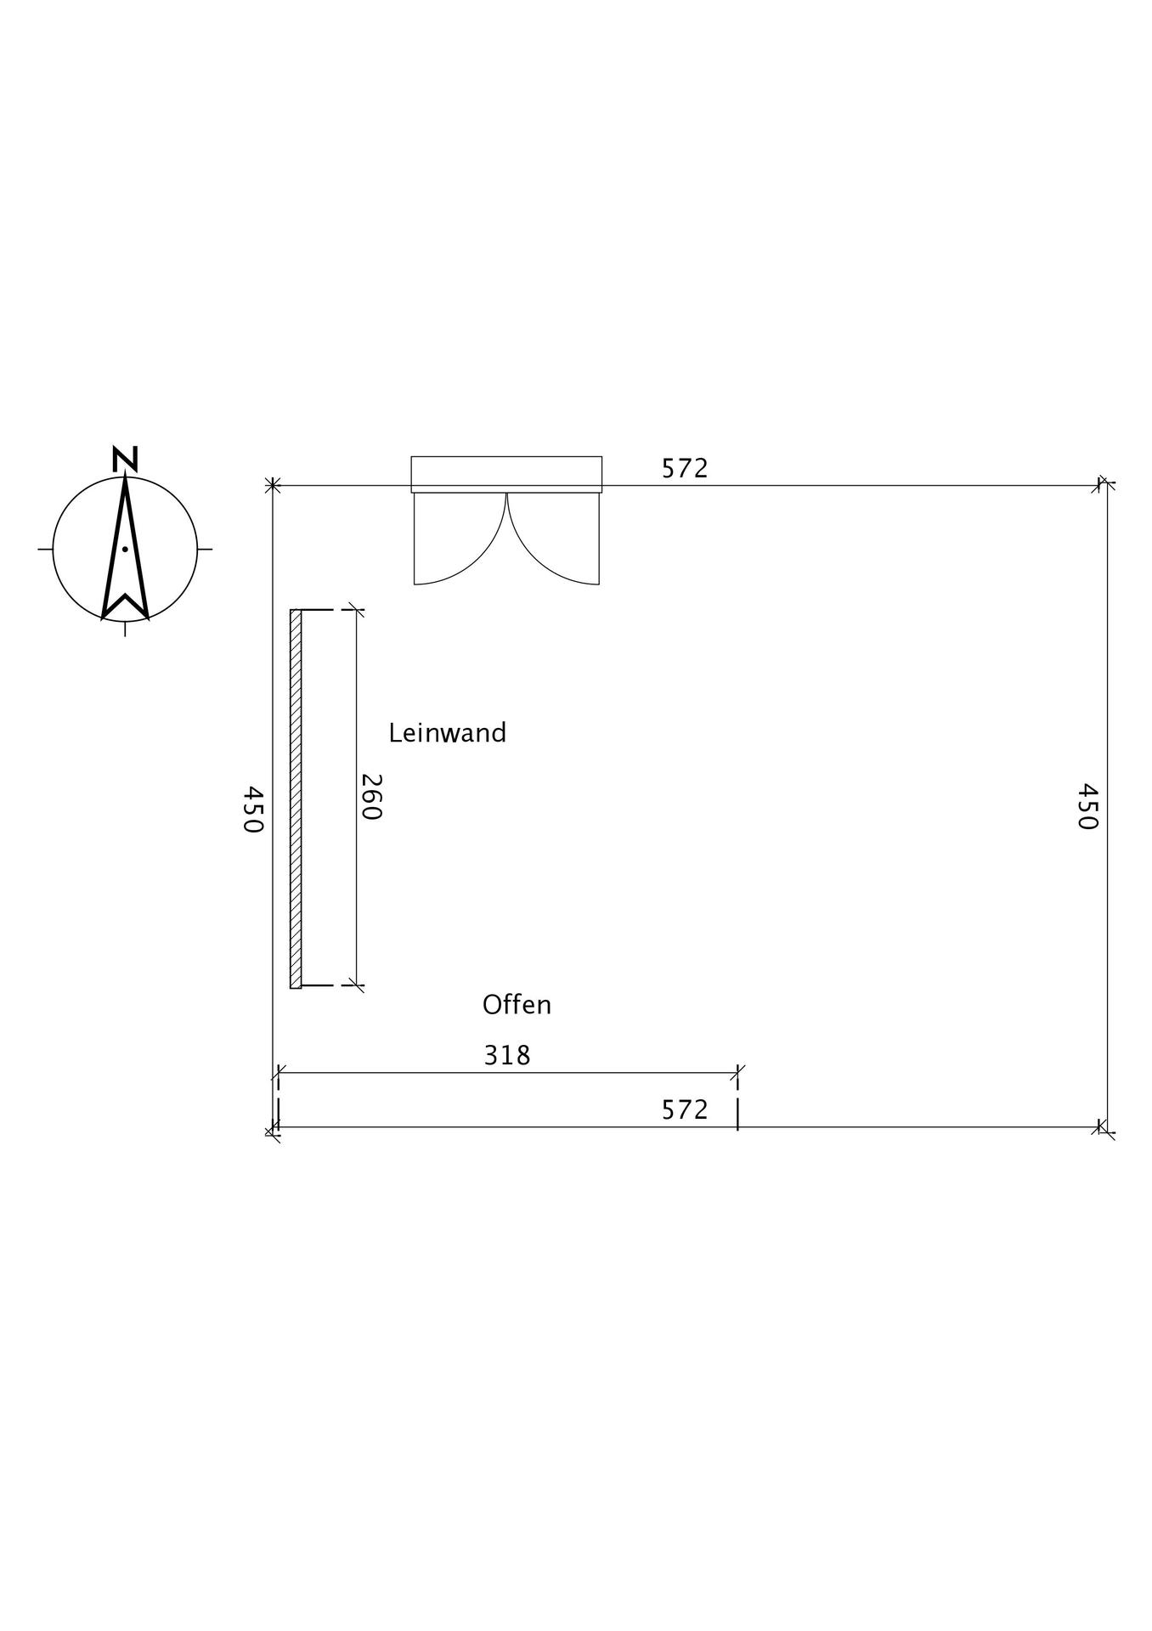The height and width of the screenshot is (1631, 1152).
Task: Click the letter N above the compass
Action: (125, 459)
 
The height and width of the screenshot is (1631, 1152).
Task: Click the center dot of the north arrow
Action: (125, 549)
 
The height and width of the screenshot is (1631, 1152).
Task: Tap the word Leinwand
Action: (447, 732)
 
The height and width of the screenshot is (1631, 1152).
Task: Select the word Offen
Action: (517, 1005)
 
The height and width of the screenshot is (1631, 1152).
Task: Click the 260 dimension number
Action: (371, 797)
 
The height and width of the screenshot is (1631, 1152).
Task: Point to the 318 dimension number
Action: (507, 1055)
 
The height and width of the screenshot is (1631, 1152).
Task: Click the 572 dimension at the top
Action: (685, 468)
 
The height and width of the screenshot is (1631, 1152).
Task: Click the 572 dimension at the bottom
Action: (685, 1109)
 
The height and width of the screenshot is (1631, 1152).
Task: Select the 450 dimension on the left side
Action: (253, 809)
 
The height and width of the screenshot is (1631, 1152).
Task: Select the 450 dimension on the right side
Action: (1088, 806)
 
